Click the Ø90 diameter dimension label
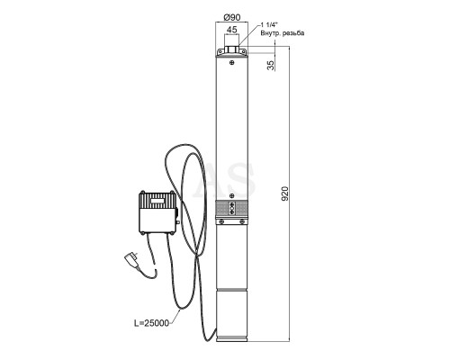coord(232,17)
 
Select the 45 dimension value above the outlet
coord(231,30)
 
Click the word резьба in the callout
coord(293,33)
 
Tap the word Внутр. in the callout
coord(270,33)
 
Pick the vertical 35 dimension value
coord(271,66)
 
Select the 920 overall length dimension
coord(285,193)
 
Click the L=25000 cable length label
coord(151,323)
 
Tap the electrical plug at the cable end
coord(132,259)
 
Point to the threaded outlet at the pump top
coord(232,49)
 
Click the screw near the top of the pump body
coord(231,62)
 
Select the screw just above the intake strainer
coord(231,196)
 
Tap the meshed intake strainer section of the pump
coord(232,208)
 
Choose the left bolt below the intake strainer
coord(221,221)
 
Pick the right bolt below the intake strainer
coord(242,221)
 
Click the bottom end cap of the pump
coord(232,338)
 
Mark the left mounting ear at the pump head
coord(220,51)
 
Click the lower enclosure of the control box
coord(157,220)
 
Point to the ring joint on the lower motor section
coord(232,290)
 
